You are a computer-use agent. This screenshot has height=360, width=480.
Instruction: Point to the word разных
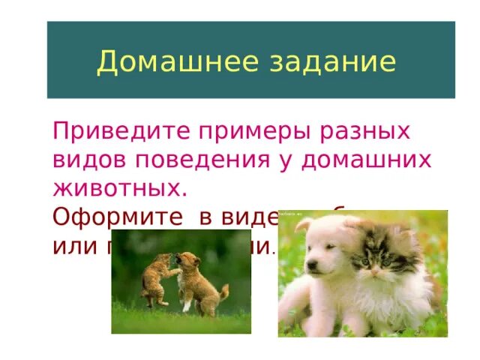point(372,131)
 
